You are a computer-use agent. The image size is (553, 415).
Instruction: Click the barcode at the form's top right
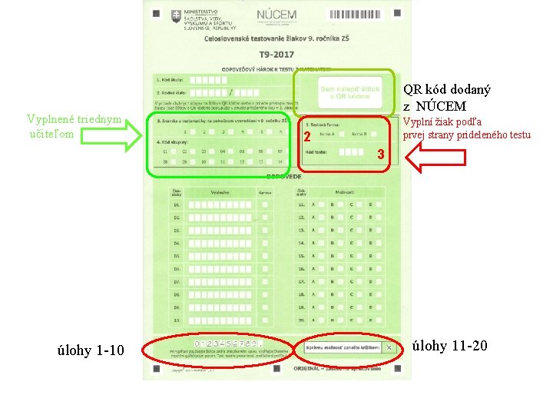(x=358, y=15)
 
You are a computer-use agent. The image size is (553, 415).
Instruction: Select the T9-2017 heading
(x=276, y=55)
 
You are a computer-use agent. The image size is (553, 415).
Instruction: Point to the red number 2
(x=305, y=138)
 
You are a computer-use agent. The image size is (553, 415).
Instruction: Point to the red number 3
(x=379, y=157)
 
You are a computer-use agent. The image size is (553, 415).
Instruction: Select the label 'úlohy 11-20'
(x=450, y=346)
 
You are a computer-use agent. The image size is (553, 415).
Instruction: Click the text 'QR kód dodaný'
(x=447, y=90)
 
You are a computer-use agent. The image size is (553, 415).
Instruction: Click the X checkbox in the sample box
(x=389, y=347)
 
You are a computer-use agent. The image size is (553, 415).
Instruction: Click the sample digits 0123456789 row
(x=226, y=343)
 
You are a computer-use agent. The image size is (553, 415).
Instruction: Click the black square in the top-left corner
(x=156, y=14)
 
